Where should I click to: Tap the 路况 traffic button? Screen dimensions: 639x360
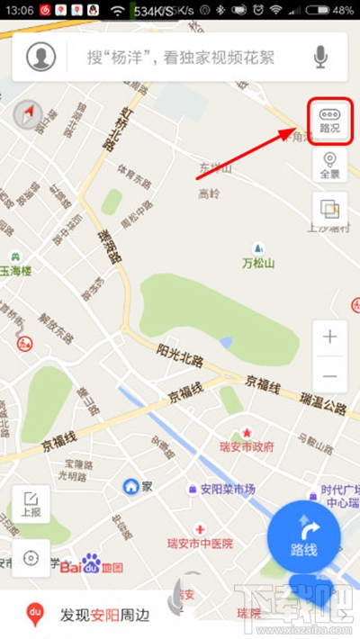click(328, 120)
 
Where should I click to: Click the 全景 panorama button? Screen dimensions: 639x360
click(328, 166)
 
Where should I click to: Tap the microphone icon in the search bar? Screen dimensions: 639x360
click(320, 58)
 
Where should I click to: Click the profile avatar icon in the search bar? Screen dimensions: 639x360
click(40, 58)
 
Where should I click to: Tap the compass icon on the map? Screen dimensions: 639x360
click(28, 113)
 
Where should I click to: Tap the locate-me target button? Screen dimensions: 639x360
click(31, 557)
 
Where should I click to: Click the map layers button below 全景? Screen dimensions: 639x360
click(329, 210)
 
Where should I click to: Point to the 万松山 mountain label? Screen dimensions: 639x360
click(259, 262)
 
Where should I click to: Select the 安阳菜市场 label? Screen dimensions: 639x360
click(227, 489)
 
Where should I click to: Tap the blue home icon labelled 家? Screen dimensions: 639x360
click(130, 486)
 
